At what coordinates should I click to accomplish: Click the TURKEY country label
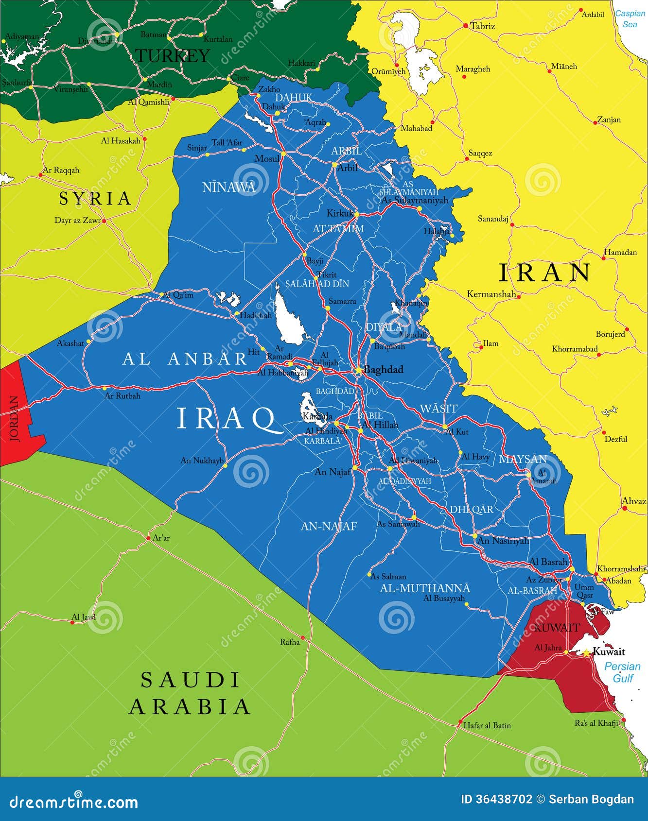click(x=172, y=55)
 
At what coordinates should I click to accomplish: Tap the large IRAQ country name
click(x=226, y=418)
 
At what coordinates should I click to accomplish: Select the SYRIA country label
click(x=95, y=198)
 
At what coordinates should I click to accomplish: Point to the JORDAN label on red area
click(x=15, y=418)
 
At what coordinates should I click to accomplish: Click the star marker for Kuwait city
click(x=587, y=652)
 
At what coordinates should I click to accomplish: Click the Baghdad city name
click(x=383, y=370)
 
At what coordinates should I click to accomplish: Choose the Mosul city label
click(x=266, y=158)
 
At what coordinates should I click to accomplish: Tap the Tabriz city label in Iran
click(x=482, y=26)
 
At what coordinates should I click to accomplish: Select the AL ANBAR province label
click(x=185, y=359)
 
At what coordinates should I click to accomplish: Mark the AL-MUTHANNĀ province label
click(x=424, y=588)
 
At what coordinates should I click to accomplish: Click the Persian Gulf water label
click(x=622, y=672)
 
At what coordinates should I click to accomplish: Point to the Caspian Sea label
click(x=630, y=18)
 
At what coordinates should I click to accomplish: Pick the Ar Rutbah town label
click(x=123, y=396)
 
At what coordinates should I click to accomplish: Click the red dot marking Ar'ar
click(x=149, y=538)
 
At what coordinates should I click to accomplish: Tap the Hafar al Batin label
click(x=487, y=725)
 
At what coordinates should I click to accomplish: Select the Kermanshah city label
click(x=491, y=294)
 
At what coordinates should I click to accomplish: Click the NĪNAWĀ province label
click(x=228, y=187)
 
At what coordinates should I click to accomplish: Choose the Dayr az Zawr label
click(x=77, y=220)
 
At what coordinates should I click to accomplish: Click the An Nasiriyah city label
click(x=503, y=540)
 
